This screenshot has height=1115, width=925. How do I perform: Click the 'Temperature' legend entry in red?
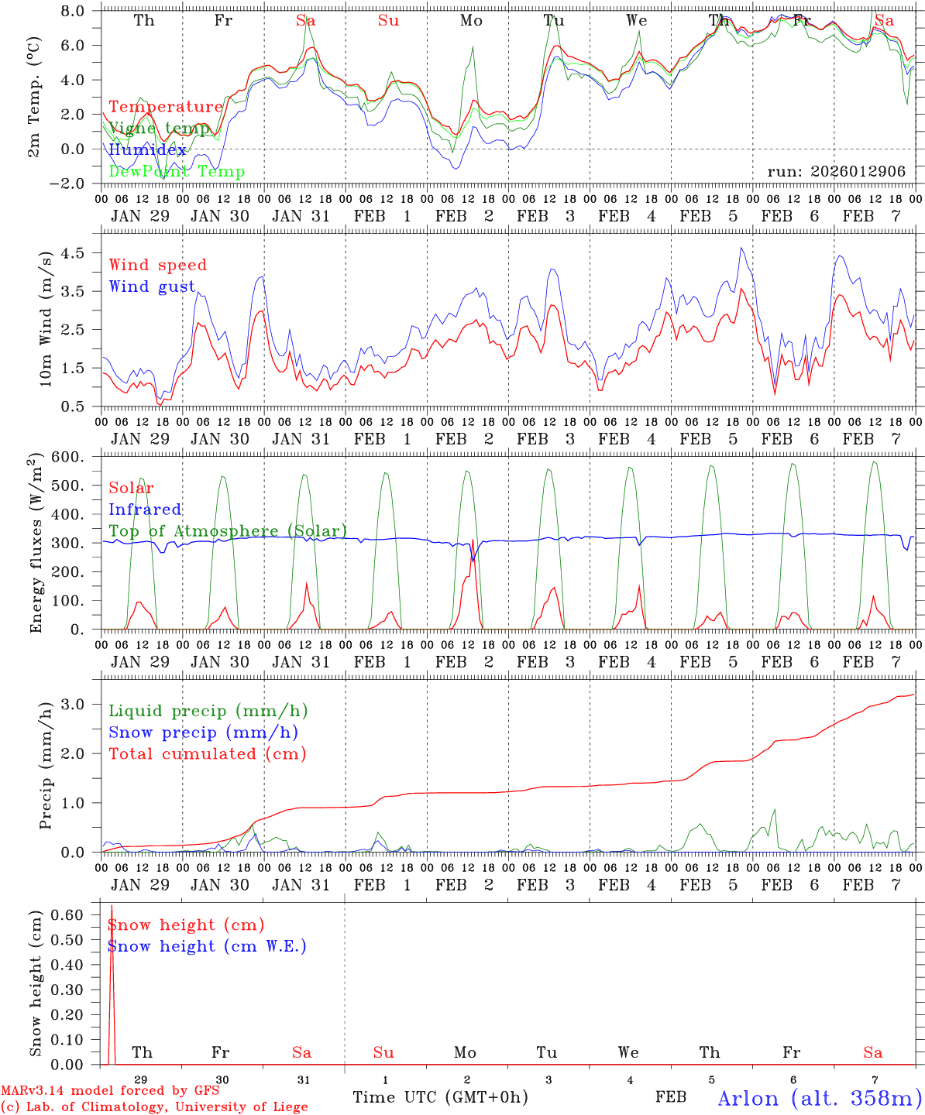click(x=166, y=107)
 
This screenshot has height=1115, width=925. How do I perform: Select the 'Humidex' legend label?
click(x=147, y=150)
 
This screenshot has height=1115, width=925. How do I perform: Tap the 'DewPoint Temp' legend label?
click(x=177, y=172)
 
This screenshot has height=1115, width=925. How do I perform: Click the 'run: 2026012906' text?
click(x=836, y=172)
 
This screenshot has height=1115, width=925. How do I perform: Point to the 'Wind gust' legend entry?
click(x=152, y=286)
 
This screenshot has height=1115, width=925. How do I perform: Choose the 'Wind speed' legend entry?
click(x=158, y=265)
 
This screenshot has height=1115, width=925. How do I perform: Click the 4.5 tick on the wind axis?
click(x=77, y=253)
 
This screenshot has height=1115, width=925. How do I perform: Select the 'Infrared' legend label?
click(x=145, y=509)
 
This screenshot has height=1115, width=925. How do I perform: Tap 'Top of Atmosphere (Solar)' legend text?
click(x=228, y=531)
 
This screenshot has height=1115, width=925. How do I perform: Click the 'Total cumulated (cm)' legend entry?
click(x=208, y=754)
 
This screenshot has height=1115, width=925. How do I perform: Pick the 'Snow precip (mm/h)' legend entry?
click(x=203, y=732)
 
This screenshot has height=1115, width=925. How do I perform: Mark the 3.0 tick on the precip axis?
click(x=77, y=704)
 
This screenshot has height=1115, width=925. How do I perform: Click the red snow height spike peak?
click(x=112, y=905)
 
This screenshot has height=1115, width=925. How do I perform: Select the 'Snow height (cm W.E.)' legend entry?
click(x=207, y=946)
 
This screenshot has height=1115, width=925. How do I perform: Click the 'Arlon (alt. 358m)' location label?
click(x=819, y=1098)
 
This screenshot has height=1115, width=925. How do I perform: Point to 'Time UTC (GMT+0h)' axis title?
click(x=440, y=1097)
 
